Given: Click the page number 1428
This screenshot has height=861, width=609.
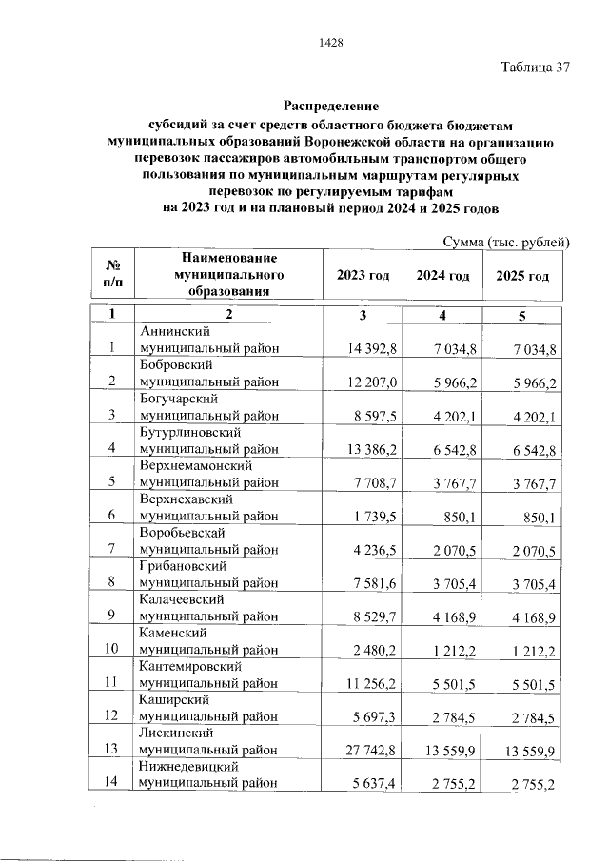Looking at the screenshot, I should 329,42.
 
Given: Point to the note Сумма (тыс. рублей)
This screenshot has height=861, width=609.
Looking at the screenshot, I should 506,243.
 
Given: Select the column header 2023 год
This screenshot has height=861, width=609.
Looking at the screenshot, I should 363,276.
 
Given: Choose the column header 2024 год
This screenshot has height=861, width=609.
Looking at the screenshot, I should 443,276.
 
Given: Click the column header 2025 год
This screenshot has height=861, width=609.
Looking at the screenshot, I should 523,276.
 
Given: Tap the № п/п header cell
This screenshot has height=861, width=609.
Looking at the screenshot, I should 111,276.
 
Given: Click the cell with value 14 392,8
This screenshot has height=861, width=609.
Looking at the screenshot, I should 373,348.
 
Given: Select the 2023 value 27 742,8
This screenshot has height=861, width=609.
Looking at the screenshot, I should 371,750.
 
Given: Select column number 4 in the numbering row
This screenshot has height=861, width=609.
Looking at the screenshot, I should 442,315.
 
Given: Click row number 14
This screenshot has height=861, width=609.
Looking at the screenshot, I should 111,782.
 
